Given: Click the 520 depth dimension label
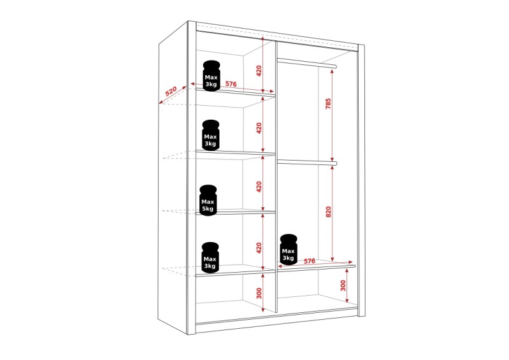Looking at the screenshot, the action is [x=171, y=91].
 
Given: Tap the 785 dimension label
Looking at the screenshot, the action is [x=328, y=104].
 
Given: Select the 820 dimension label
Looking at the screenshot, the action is [x=328, y=212].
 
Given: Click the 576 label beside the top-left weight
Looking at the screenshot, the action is [x=231, y=83].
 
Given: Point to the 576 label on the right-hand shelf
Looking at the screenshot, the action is [x=310, y=261].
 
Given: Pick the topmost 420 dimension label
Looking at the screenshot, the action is [x=259, y=71].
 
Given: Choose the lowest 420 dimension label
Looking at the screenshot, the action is [x=259, y=248].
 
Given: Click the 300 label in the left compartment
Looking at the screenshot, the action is [x=259, y=293].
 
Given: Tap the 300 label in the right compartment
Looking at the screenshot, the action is [x=343, y=285].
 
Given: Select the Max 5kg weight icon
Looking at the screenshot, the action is [x=208, y=200].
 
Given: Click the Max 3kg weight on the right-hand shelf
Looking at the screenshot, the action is [x=289, y=249].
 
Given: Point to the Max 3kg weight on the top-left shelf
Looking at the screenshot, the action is [x=211, y=76].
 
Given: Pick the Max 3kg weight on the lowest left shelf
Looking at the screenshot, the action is [x=210, y=257].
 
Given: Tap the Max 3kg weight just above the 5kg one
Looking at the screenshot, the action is [x=211, y=135].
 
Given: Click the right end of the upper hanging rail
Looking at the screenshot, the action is [x=335, y=66].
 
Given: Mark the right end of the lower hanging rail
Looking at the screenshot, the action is [x=335, y=163].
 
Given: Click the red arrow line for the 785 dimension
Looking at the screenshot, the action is [x=332, y=115].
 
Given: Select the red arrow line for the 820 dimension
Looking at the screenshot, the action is [x=332, y=213].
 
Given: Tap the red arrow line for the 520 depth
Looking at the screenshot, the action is [x=173, y=95].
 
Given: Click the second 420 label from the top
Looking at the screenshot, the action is [x=259, y=128].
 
